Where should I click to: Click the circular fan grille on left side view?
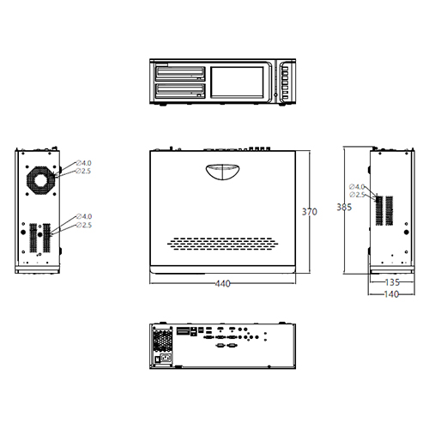[x=40, y=180]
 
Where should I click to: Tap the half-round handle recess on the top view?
[x=222, y=172]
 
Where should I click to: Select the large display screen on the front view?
[x=239, y=82]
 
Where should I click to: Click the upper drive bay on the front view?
[x=181, y=73]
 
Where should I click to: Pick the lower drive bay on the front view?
[x=181, y=89]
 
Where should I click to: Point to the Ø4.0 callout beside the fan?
[x=84, y=163]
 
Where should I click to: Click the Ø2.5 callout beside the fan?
[x=84, y=172]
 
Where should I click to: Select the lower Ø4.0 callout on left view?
[x=84, y=216]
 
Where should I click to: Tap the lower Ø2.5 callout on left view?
[x=84, y=225]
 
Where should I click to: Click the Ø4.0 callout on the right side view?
[x=358, y=186]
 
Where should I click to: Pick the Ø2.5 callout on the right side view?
[x=358, y=196]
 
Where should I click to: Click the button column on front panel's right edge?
[x=282, y=82]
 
